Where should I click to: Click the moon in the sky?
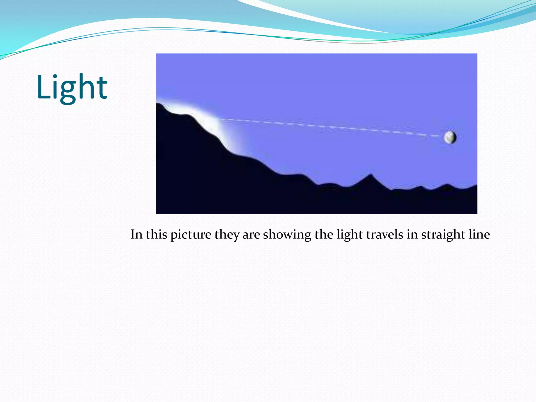click(450, 137)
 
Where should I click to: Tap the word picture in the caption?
click(191, 234)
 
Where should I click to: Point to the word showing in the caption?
click(287, 234)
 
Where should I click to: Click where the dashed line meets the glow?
click(221, 119)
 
